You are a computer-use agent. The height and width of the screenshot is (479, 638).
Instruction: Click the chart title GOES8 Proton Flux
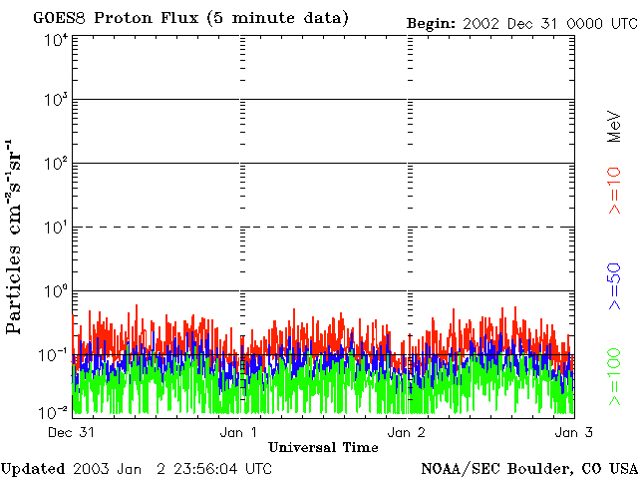pos(190,19)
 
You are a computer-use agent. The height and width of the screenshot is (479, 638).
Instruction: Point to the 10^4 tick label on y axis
pos(55,39)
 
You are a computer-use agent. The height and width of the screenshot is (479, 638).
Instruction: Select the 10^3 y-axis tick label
pos(55,100)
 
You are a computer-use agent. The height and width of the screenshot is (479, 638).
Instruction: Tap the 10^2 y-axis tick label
pos(55,164)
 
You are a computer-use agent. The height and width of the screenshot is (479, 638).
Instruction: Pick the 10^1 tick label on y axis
pos(55,228)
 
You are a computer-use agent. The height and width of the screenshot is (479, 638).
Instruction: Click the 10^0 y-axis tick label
pos(55,291)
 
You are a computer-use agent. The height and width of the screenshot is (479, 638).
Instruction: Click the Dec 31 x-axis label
pos(71,432)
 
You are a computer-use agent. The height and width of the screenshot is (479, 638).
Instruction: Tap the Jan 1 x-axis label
pos(238,432)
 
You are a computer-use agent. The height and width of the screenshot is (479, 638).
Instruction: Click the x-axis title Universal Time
pos(323,446)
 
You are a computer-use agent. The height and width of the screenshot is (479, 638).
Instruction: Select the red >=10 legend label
pos(615,190)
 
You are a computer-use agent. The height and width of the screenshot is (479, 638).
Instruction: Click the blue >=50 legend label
pos(615,285)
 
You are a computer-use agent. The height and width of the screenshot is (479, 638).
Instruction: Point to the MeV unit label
pos(615,125)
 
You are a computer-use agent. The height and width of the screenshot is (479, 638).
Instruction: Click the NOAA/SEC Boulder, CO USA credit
pos(529,468)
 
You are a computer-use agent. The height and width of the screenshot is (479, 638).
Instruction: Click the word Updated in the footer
pos(33,468)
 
